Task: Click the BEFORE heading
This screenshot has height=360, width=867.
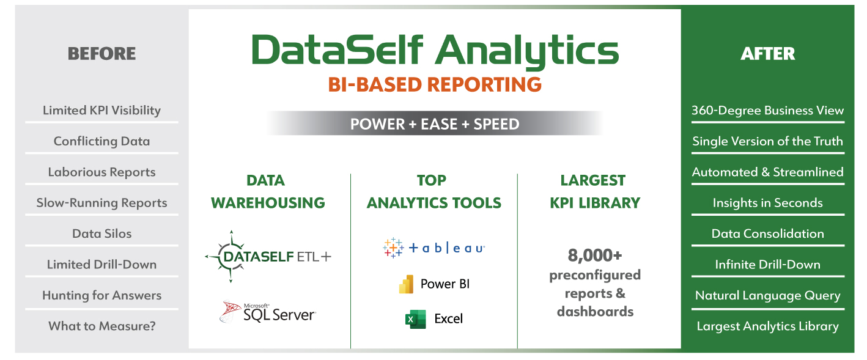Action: click(101, 53)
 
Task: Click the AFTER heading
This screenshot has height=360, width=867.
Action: click(767, 53)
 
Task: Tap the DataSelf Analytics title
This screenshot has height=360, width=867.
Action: click(435, 51)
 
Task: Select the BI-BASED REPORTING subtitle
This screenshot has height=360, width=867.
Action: click(435, 85)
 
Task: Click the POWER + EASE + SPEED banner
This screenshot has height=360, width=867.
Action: click(435, 124)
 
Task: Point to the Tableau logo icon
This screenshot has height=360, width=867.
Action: click(393, 248)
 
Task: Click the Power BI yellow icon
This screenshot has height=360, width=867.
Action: click(406, 284)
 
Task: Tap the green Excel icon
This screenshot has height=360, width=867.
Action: click(415, 319)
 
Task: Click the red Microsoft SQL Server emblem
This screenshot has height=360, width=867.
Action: click(230, 311)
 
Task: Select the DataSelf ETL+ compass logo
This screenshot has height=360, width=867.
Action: click(231, 256)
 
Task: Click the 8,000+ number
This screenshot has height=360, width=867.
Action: click(595, 255)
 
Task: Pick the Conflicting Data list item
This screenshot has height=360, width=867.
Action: click(101, 141)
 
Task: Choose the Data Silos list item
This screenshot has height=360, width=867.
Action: click(101, 234)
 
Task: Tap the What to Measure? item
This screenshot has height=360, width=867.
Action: click(101, 326)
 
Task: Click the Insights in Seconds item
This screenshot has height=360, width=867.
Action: click(767, 203)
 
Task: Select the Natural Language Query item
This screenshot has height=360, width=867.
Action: click(767, 296)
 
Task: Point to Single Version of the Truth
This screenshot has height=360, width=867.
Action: click(767, 141)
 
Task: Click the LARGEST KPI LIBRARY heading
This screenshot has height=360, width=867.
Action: click(595, 192)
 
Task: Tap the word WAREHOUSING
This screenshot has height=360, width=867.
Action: click(268, 203)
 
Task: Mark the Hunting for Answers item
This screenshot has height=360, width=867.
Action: click(101, 296)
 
